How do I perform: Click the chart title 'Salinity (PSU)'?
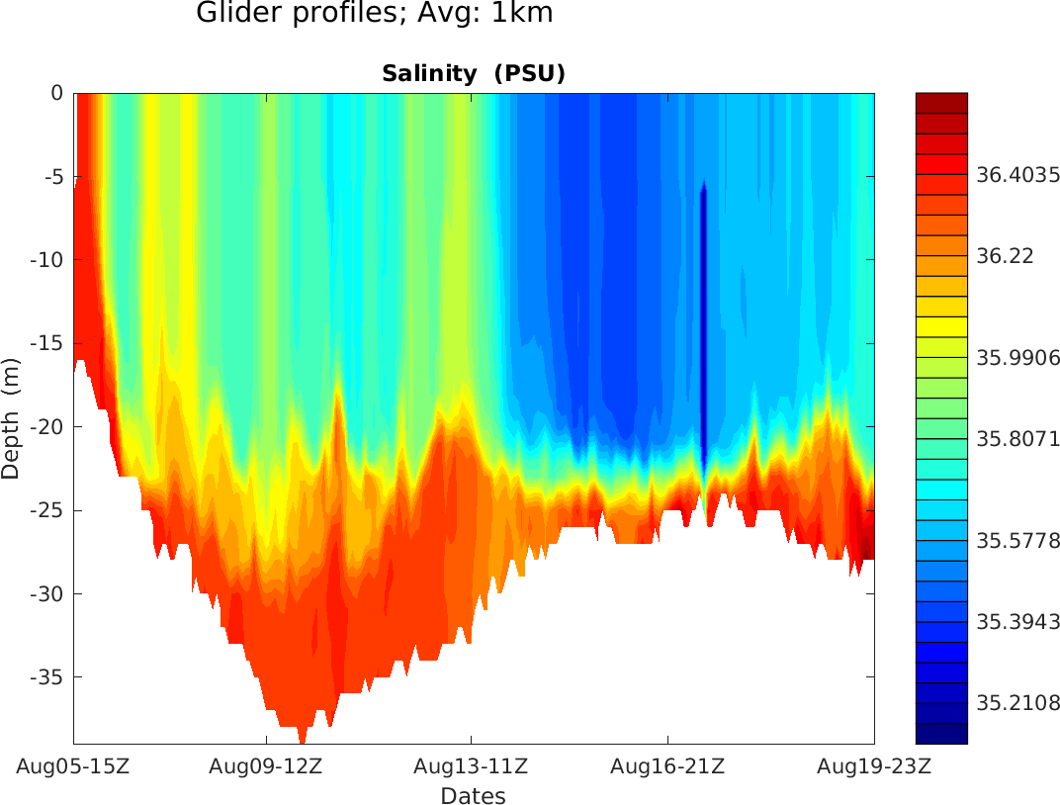coord(473,74)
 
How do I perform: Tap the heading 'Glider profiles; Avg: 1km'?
coord(375,14)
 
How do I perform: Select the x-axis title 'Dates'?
coord(473,796)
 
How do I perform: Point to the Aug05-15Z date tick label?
coord(73,766)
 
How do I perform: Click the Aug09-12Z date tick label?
coord(266,766)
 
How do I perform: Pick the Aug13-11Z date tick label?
coord(471,766)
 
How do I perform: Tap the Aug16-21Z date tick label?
coord(667,766)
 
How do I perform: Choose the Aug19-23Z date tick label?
coord(873,766)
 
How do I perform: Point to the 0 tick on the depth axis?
coord(57,93)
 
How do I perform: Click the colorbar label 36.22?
coord(1005,255)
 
